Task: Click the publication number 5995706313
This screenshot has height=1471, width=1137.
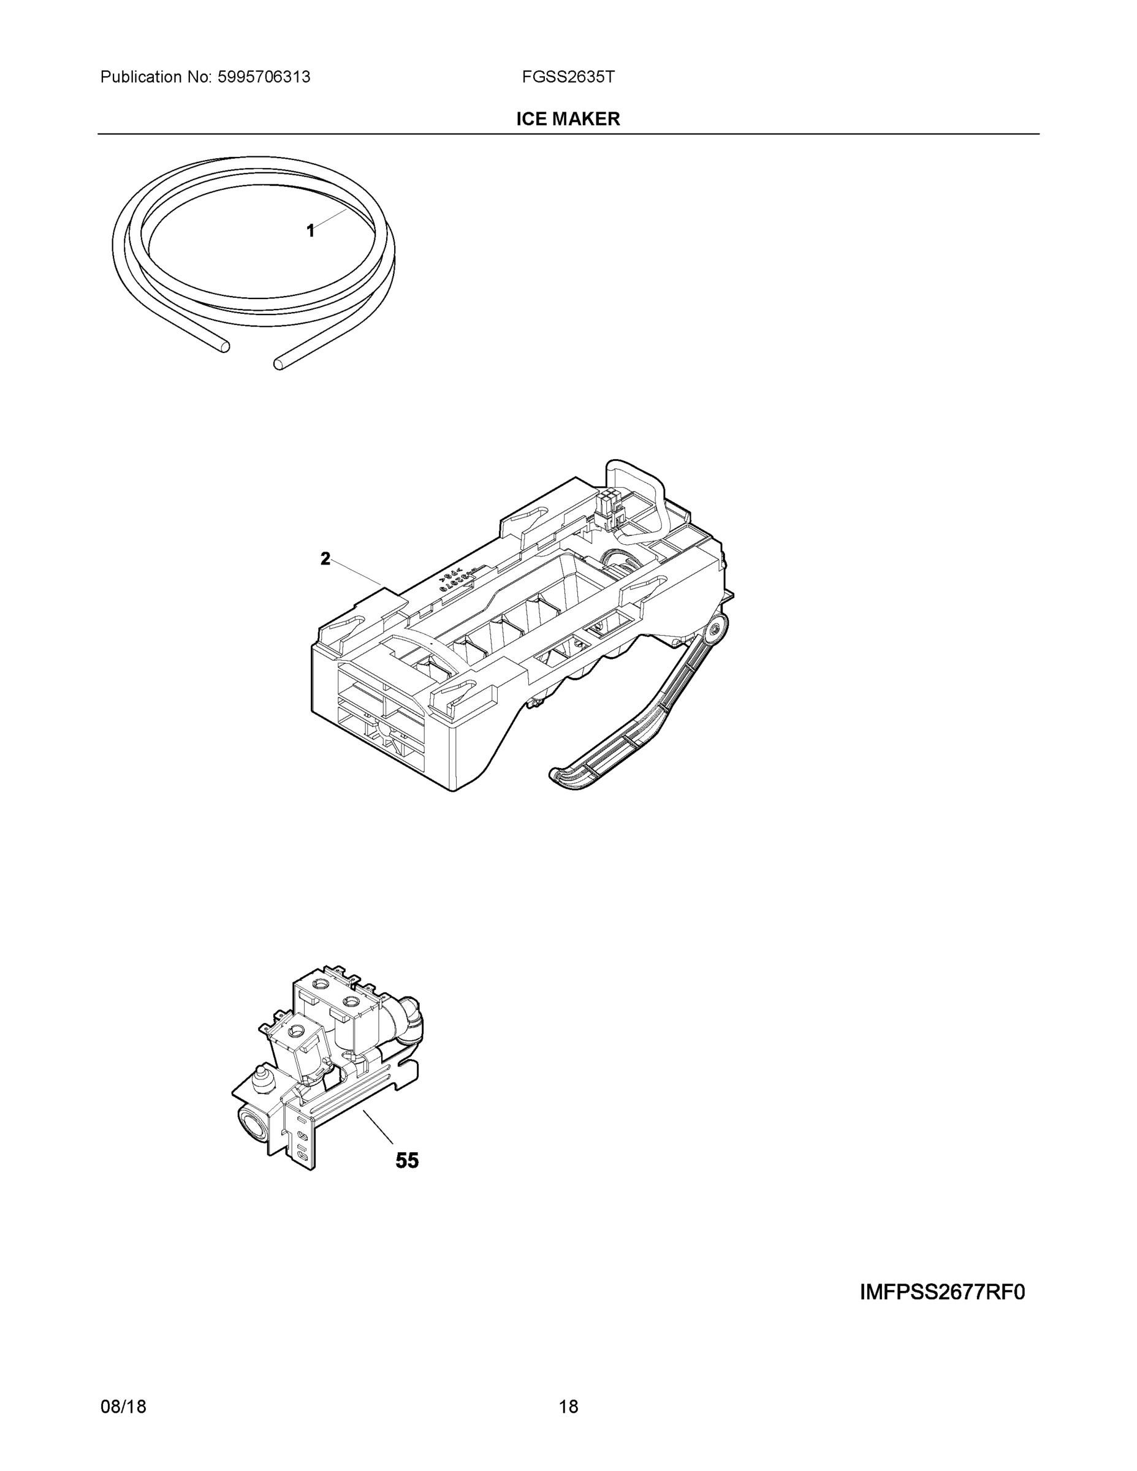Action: pyautogui.click(x=264, y=77)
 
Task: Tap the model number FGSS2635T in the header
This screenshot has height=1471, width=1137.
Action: pyautogui.click(x=568, y=77)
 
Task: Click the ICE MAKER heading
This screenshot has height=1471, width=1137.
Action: pyautogui.click(x=568, y=120)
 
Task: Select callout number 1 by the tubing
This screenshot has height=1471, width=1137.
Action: pyautogui.click(x=310, y=231)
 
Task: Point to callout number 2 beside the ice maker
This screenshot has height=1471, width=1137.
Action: pyautogui.click(x=325, y=558)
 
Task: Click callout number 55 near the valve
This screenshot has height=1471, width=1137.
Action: pyautogui.click(x=407, y=1160)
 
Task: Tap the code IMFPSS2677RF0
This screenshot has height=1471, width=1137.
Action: pyautogui.click(x=941, y=1293)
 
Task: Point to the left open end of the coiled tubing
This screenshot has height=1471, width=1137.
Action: pyautogui.click(x=224, y=346)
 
